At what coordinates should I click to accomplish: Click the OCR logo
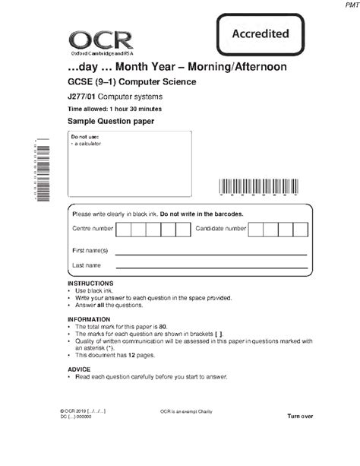click(100, 40)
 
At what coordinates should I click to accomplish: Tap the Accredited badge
click(260, 33)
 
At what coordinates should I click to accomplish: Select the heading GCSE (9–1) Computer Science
click(131, 81)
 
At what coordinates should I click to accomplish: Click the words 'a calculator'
click(87, 143)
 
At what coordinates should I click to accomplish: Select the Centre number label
click(93, 228)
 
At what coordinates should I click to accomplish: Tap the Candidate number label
click(220, 228)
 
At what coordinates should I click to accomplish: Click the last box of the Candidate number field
click(301, 229)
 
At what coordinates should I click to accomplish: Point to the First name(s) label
click(90, 250)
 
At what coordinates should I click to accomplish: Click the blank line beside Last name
click(211, 268)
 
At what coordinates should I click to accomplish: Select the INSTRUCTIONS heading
click(90, 284)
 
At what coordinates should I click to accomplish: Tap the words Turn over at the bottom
click(299, 417)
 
